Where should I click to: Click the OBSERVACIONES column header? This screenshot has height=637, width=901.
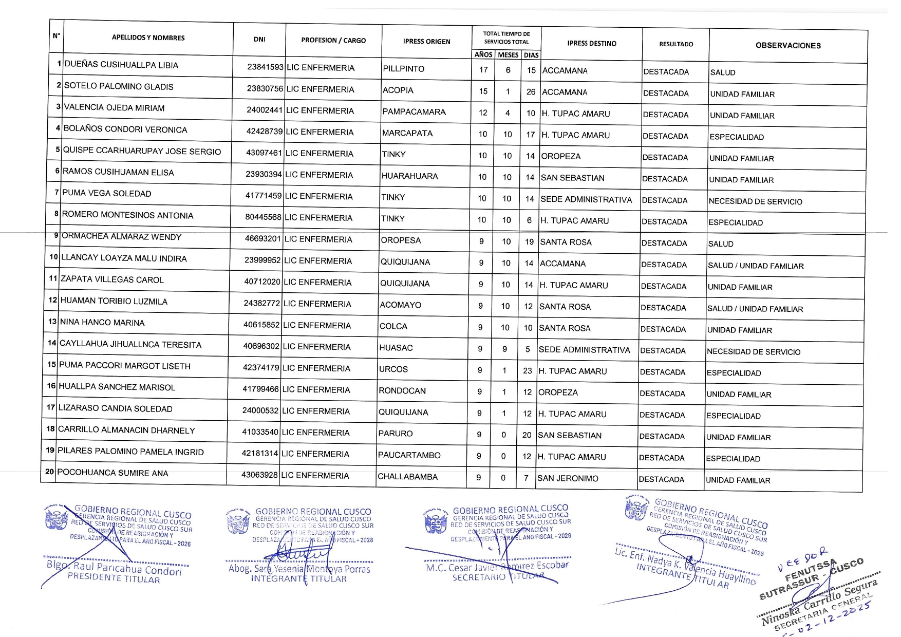(x=788, y=46)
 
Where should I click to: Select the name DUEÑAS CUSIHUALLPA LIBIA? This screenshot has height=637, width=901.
(x=121, y=65)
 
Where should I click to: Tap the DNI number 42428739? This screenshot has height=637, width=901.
(x=264, y=132)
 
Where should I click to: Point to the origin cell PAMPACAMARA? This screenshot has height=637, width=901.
(x=414, y=112)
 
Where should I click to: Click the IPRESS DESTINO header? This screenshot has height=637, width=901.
(x=591, y=44)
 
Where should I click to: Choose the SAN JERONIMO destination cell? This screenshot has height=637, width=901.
(x=568, y=479)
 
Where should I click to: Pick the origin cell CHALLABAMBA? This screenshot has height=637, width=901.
(x=408, y=477)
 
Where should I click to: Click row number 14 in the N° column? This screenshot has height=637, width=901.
(x=52, y=343)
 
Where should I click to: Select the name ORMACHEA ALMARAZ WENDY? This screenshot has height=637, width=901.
(x=121, y=237)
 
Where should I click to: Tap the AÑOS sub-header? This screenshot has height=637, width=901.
(x=483, y=54)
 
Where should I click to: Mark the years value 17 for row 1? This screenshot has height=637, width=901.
(x=483, y=70)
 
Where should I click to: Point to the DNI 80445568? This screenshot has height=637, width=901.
(x=263, y=217)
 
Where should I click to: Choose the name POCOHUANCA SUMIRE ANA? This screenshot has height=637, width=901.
(x=112, y=473)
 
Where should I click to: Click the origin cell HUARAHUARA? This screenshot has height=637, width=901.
(x=409, y=176)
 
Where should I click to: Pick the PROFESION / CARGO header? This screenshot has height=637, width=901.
(x=333, y=40)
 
